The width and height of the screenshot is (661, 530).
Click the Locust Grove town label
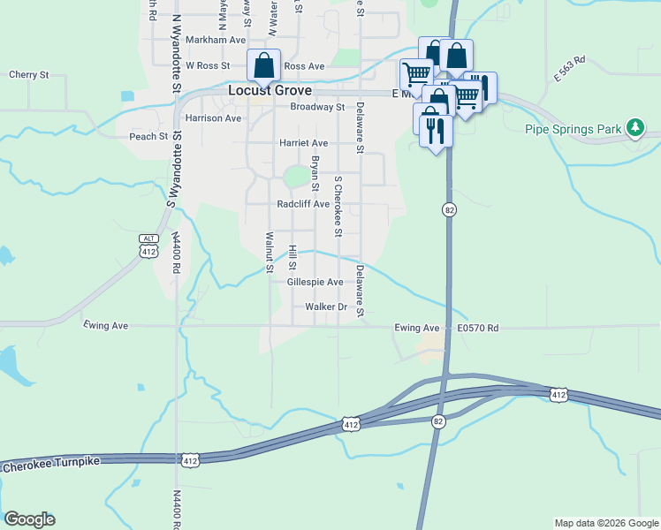270,90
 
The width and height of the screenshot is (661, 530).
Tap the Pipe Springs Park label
575,129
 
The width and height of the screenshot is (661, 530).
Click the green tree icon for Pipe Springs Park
634,128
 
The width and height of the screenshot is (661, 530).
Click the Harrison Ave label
213,117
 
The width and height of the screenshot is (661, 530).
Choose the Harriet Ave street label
303,142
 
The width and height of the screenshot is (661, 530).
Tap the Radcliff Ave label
303,204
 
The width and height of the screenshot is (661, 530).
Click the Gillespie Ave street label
315,282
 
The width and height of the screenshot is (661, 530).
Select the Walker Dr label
326,307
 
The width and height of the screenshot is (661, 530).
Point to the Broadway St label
317,107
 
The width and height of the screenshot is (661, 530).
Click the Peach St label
148,136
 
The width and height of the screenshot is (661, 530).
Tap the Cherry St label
28,75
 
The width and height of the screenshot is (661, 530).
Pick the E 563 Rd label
570,70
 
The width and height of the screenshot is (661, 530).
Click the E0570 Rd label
478,328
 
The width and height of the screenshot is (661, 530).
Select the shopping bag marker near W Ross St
263,65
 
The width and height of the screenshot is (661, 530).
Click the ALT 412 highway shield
148,246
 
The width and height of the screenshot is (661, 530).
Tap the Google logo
29,519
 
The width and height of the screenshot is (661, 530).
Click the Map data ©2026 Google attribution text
606,523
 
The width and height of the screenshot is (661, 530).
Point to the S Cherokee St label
338,206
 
